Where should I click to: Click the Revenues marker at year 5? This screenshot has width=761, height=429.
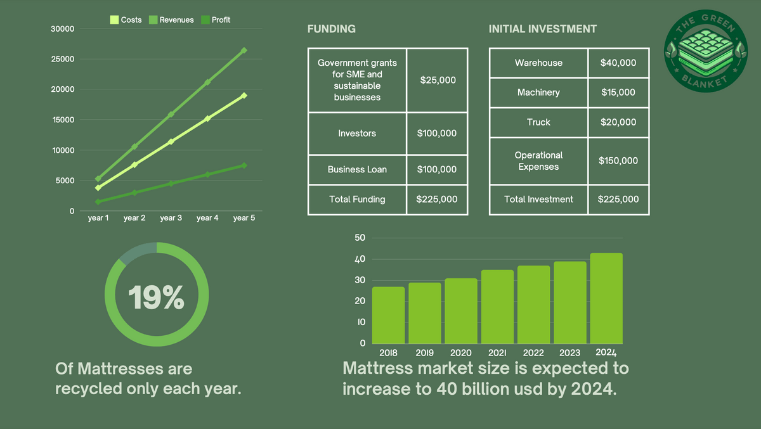(244, 50)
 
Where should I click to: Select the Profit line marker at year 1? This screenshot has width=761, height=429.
(98, 202)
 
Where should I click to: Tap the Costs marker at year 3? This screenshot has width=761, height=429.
(171, 141)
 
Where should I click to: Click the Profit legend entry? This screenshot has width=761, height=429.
(216, 20)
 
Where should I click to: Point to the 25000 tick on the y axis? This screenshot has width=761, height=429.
(63, 59)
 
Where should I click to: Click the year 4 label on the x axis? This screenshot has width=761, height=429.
(207, 218)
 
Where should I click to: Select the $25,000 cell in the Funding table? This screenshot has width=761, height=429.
(438, 80)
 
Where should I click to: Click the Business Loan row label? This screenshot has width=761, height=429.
(357, 169)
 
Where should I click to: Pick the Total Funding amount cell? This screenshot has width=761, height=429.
(437, 199)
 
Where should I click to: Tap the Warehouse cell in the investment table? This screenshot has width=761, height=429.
(538, 63)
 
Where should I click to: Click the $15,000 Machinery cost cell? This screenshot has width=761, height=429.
(618, 93)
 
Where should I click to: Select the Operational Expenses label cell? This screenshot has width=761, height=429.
(538, 161)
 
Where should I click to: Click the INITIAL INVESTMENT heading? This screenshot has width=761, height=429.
(543, 29)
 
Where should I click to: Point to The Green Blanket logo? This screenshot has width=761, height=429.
(706, 51)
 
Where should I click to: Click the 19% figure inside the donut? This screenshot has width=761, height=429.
(156, 297)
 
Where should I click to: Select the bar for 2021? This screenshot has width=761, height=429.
(497, 307)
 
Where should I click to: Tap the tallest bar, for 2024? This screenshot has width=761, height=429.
(606, 298)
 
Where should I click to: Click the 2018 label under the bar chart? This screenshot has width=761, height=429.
(388, 353)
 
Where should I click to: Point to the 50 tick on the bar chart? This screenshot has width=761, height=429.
(360, 238)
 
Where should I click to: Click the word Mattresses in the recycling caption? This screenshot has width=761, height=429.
(120, 369)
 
